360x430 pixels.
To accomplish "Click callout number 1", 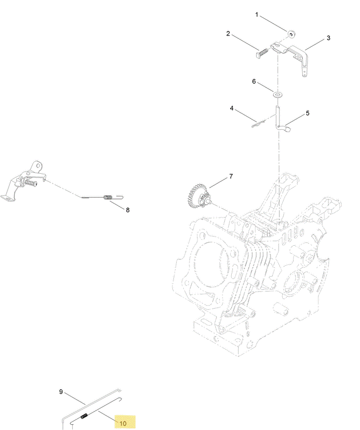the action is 257,14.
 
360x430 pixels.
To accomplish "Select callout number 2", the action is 228,34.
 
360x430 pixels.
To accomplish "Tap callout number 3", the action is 329,38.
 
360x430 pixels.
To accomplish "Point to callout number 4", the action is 232,108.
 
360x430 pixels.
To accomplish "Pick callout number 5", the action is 307,113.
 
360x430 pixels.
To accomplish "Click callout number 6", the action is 254,81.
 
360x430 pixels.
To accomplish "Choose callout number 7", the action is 231,176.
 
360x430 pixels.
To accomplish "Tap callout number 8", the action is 128,210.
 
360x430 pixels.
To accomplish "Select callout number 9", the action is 61,392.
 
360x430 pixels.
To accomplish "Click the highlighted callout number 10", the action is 123,423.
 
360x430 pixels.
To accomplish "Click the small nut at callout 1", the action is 291,34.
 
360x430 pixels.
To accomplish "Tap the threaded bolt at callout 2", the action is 262,53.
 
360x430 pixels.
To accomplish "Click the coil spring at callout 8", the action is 108,197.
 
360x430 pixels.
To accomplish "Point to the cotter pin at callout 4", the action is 258,124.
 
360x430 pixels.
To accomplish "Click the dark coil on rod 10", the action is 84,416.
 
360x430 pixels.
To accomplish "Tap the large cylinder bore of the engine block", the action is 210,262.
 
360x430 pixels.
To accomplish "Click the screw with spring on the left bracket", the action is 29,182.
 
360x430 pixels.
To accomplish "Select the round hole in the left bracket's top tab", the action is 38,166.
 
